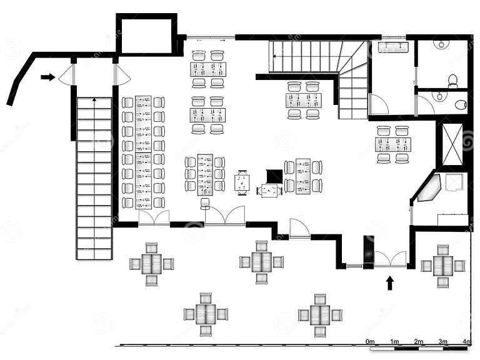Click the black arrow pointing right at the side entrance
pyautogui.click(x=47, y=77)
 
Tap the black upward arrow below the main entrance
pyautogui.click(x=390, y=282)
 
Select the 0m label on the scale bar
pyautogui.click(x=370, y=341)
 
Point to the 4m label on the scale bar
pyautogui.click(x=466, y=341)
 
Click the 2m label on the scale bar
pyautogui.click(x=418, y=341)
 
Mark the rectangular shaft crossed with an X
pyautogui.click(x=452, y=144)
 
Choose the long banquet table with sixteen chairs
pyautogui.click(x=143, y=152)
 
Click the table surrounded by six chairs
pyautogui.click(x=205, y=174)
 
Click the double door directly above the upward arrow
pyautogui.click(x=391, y=258)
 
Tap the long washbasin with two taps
pyautogui.click(x=393, y=47)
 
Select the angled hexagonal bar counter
pyautogui.click(x=429, y=188)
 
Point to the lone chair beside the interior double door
pyautogui.click(x=205, y=203)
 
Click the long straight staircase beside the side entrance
pyautogui.click(x=94, y=178)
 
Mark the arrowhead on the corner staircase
pyautogui.click(x=276, y=56)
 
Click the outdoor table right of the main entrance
pyautogui.click(x=442, y=266)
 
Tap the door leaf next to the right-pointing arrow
pyautogui.click(x=66, y=76)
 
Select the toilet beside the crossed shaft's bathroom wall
pyautogui.click(x=461, y=104)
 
